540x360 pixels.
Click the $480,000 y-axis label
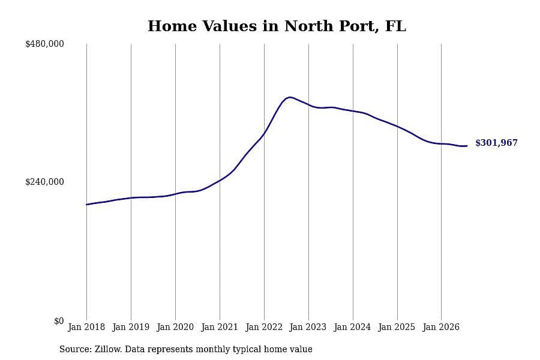point(44,44)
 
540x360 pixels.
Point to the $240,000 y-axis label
point(44,182)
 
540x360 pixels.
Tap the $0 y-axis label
point(59,321)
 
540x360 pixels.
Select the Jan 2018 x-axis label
point(86,327)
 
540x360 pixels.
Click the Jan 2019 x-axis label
point(131,327)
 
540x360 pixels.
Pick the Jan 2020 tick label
point(175,327)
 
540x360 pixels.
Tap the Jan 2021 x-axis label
point(220,327)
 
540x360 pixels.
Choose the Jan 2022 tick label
point(264,327)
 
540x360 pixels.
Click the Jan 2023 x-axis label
point(308,327)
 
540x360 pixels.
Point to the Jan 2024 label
point(352,327)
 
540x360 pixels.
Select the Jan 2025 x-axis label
point(397,327)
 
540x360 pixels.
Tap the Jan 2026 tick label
point(441,327)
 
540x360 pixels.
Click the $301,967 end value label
point(496,143)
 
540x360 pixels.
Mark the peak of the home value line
point(290,97)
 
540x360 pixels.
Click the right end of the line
point(467,146)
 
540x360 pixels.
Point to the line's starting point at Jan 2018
point(86,205)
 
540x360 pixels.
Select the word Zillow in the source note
point(108,349)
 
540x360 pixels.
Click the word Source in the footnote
point(76,349)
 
